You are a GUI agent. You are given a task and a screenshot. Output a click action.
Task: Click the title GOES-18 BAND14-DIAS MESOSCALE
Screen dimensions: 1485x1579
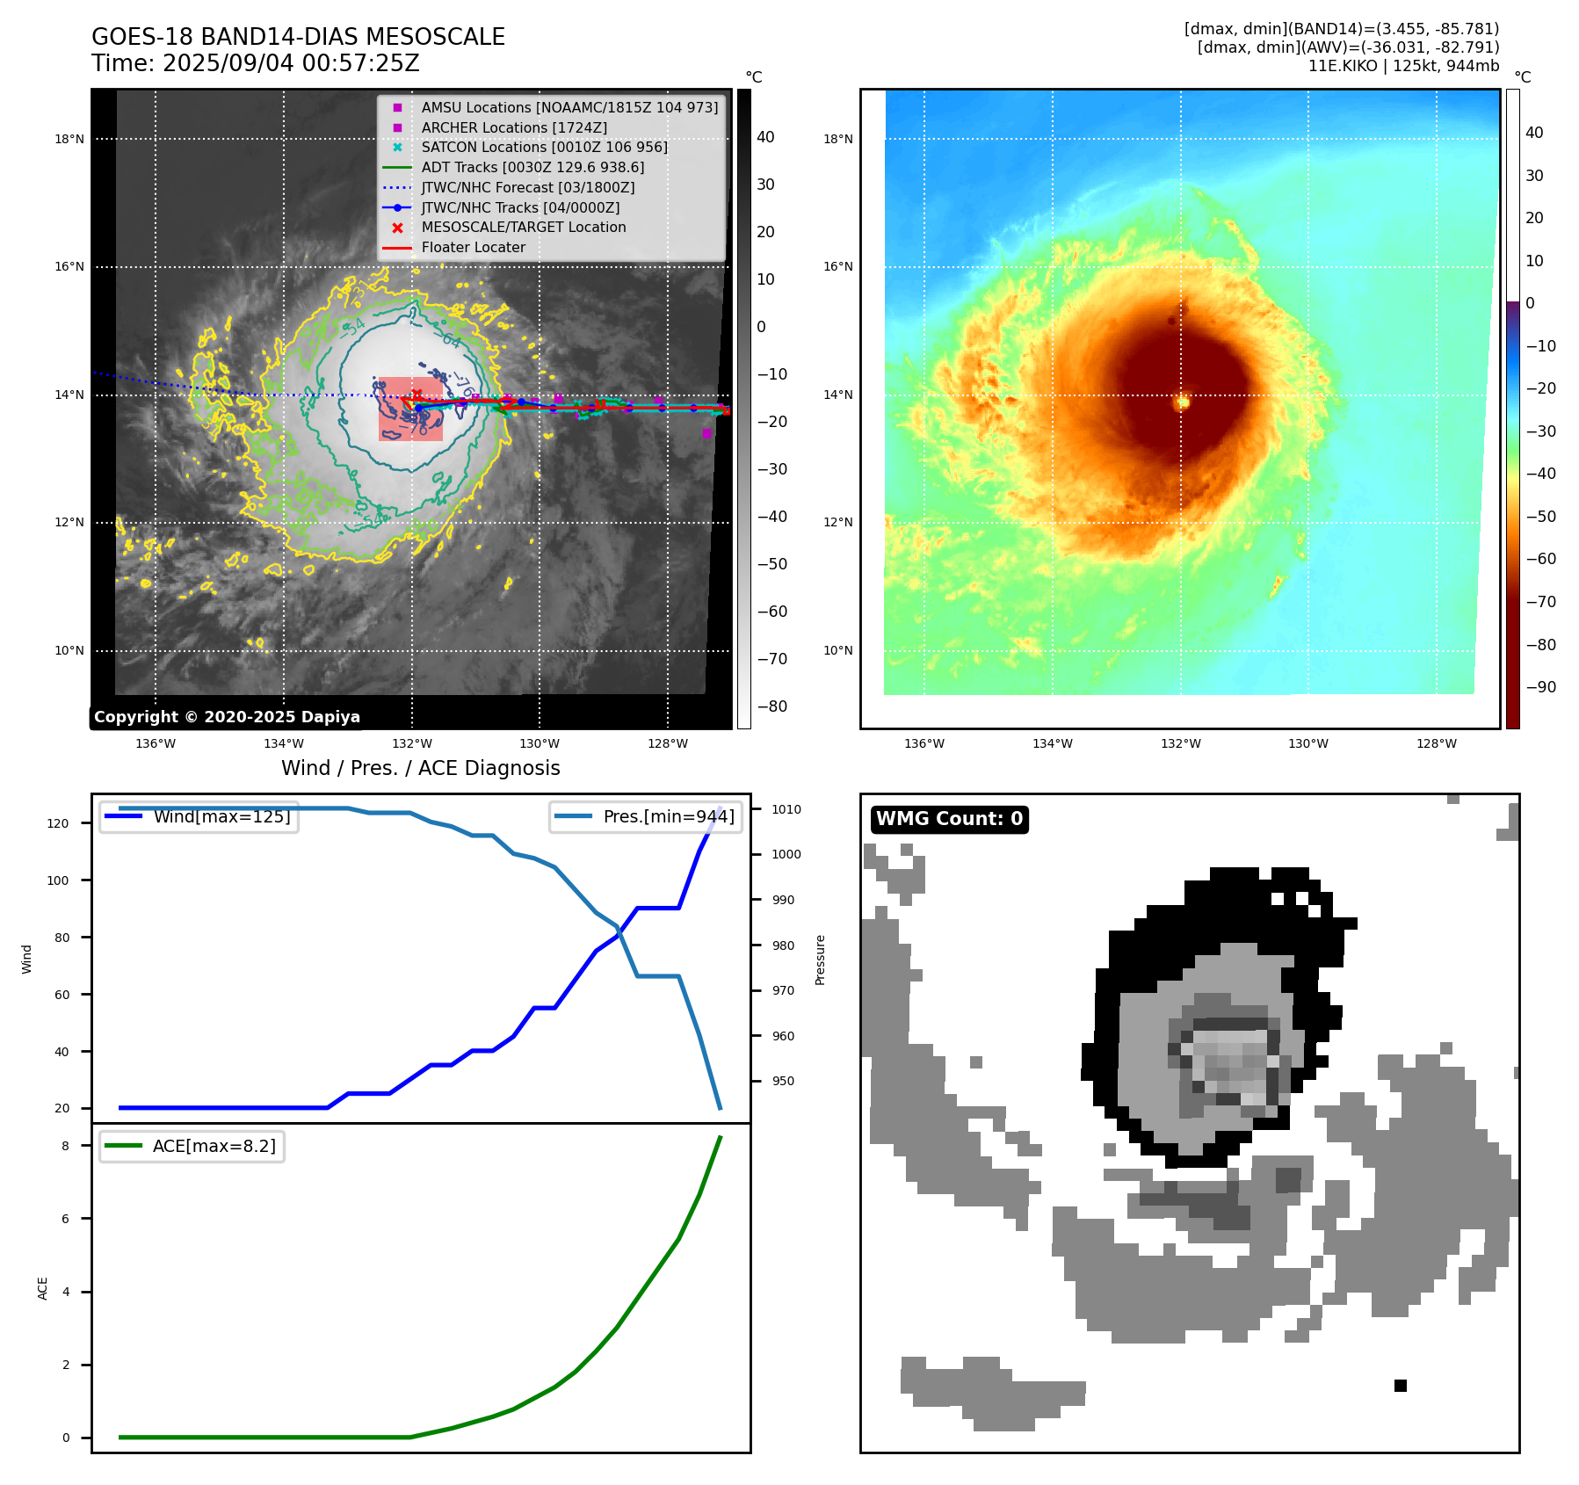[x=298, y=37]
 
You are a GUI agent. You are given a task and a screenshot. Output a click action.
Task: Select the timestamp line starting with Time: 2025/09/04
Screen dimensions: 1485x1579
[x=255, y=63]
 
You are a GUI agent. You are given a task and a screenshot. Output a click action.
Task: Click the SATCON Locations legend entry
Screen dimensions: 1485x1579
[x=544, y=147]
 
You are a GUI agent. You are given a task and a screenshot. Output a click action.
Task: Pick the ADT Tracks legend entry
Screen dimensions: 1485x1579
[x=532, y=167]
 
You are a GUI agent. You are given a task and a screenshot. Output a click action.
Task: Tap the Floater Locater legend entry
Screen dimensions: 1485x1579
[x=473, y=247]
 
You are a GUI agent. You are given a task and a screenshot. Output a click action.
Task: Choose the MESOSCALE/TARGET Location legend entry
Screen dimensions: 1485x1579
[x=523, y=227]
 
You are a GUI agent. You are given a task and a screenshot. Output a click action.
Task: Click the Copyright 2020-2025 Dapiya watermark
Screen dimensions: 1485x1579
[x=227, y=717]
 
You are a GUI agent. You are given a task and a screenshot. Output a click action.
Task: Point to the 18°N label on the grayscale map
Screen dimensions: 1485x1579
[x=69, y=139]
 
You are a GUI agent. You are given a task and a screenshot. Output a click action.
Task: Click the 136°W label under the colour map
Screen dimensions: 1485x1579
[x=924, y=743]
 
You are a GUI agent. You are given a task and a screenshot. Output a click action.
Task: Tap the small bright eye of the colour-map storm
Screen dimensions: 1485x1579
[x=1183, y=402]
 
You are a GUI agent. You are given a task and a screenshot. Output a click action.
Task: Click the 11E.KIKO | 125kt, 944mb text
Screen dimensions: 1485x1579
[x=1403, y=66]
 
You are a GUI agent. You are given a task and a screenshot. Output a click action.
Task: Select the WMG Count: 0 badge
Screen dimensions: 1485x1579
[x=949, y=819]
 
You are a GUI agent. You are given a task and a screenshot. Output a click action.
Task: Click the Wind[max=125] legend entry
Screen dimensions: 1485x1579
[x=221, y=816]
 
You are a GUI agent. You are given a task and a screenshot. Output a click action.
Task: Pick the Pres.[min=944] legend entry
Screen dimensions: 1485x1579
[x=668, y=816]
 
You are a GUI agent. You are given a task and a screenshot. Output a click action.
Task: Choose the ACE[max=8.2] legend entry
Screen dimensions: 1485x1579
[x=214, y=1146]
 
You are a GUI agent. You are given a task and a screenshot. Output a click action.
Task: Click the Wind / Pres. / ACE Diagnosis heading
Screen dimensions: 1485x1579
[x=420, y=768]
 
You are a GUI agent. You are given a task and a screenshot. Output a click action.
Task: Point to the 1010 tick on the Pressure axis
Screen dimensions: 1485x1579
[x=786, y=809]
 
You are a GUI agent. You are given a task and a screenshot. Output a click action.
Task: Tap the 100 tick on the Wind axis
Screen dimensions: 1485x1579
[x=58, y=880]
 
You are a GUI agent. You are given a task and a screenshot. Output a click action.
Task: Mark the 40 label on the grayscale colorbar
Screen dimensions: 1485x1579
[x=765, y=137]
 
